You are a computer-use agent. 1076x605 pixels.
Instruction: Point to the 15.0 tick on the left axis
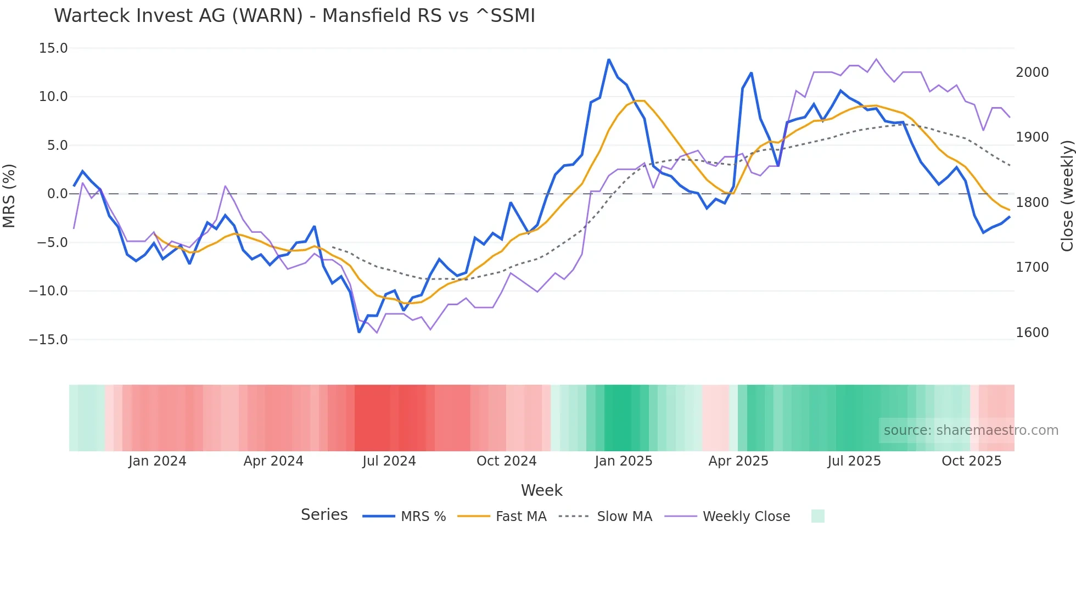(53, 48)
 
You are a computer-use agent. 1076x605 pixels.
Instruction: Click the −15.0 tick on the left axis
(49, 340)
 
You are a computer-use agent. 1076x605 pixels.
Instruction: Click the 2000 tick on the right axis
(1032, 72)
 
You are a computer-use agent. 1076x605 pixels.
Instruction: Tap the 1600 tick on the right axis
(1032, 333)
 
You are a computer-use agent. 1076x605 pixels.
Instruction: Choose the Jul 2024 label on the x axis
(389, 461)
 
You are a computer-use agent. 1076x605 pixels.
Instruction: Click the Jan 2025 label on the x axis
(623, 461)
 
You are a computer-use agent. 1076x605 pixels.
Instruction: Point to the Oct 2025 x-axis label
(971, 461)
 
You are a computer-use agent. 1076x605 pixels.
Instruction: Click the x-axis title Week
(541, 490)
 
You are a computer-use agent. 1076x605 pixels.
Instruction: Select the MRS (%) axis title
(9, 195)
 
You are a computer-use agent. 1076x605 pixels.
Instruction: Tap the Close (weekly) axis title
(1067, 195)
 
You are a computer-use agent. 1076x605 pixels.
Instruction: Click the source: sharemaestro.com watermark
(971, 430)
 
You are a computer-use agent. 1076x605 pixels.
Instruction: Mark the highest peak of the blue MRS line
(609, 59)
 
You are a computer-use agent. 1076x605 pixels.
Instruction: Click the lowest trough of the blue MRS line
(359, 332)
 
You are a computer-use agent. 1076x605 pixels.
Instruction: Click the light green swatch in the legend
(817, 516)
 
